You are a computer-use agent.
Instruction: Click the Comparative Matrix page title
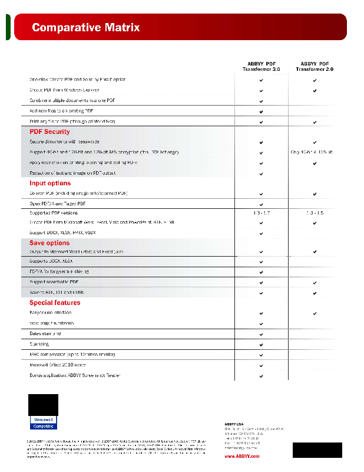coord(86,27)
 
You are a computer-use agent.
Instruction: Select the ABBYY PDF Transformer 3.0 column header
coord(261,66)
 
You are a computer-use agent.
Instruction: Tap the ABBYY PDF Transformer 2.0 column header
coord(315,66)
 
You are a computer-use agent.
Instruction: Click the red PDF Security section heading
coord(49,132)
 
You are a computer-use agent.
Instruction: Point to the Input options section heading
coord(50,183)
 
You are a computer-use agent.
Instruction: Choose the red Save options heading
coord(49,242)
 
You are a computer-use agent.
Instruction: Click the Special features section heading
coord(55,303)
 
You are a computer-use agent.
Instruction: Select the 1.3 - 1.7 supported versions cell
coord(261,212)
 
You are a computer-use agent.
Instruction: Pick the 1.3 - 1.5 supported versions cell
coord(315,212)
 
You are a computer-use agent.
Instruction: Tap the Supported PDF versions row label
coord(54,212)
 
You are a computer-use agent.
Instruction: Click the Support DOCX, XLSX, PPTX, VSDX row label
coord(62,232)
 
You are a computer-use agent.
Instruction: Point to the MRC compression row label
coord(72,354)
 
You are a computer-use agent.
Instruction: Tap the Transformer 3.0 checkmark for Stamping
coord(261,344)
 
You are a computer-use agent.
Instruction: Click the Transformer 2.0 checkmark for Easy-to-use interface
coord(315,313)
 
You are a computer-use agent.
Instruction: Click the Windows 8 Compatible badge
coord(44,422)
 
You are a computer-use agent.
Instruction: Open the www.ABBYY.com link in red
coord(241,456)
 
